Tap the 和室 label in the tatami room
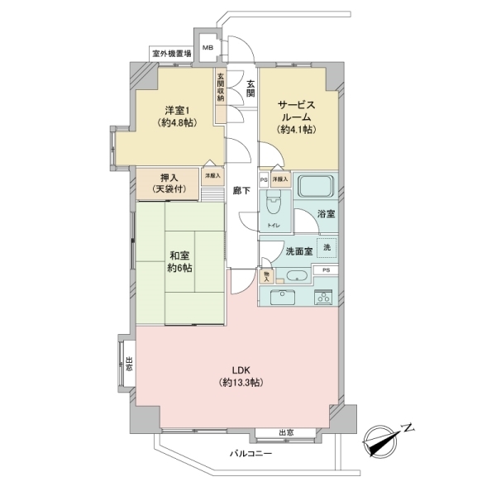coord(180,262)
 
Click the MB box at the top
coord(207,47)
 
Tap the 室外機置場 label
coord(171,54)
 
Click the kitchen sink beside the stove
coord(289,297)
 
